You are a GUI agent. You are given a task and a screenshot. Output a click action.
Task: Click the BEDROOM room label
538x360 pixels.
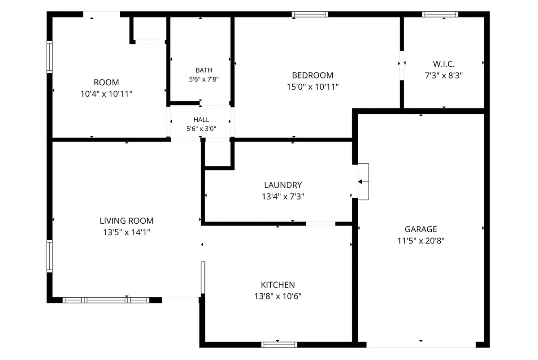tap(312, 75)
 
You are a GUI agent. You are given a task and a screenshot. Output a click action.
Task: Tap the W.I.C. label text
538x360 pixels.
tap(443, 64)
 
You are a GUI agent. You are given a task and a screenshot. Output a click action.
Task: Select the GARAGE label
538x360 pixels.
tap(421, 230)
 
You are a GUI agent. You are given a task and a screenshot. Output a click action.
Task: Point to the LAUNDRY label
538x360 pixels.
tap(283, 185)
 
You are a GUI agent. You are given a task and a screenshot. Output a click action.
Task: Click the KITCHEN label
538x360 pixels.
tap(278, 285)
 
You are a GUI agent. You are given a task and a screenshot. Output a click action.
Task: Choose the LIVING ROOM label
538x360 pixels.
tap(126, 221)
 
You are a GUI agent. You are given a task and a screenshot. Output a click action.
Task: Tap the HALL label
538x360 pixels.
tap(201, 120)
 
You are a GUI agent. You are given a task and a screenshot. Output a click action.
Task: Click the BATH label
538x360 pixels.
tap(204, 70)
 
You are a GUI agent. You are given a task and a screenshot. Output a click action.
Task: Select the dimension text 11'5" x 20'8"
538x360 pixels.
tap(421, 241)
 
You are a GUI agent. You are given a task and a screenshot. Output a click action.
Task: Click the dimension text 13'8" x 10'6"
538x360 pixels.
tap(278, 296)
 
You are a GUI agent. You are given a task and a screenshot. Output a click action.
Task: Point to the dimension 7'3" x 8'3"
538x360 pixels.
tap(443, 76)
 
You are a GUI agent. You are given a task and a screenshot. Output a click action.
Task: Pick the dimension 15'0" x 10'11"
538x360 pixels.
tap(312, 87)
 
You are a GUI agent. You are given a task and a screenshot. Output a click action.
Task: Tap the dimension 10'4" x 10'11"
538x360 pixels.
tap(106, 94)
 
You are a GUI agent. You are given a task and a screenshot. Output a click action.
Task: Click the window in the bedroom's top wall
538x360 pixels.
tap(310, 14)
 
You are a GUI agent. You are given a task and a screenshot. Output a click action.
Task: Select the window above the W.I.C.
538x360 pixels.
tap(440, 14)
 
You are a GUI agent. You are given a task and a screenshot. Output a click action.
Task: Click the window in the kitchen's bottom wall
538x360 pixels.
tap(279, 345)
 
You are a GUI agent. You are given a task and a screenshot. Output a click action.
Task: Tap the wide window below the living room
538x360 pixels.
tap(106, 300)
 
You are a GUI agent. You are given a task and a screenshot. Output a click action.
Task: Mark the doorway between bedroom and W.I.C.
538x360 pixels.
tap(402, 65)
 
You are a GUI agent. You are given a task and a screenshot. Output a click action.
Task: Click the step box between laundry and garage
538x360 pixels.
tap(364, 182)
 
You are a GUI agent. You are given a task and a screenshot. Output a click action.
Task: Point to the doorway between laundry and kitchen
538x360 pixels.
tap(321, 224)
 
